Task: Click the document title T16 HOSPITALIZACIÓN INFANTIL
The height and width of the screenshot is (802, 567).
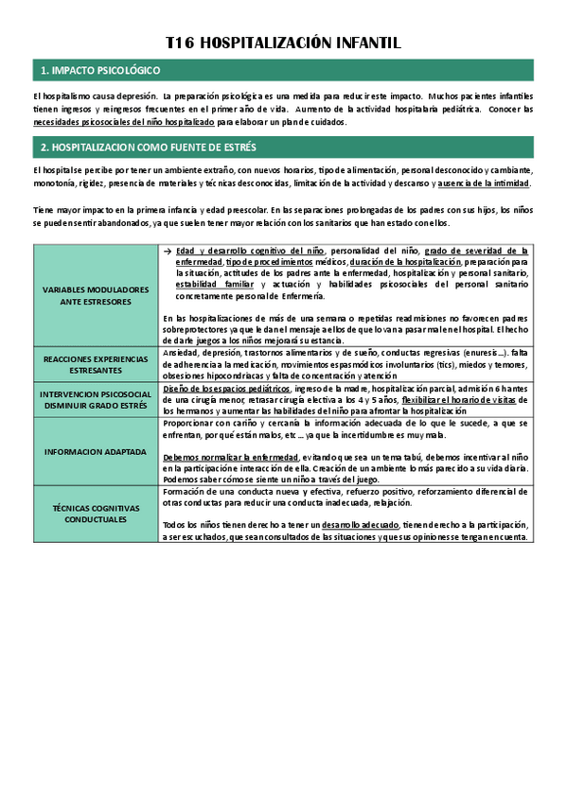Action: (x=283, y=44)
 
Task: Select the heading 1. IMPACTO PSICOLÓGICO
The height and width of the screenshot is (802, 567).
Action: (x=100, y=71)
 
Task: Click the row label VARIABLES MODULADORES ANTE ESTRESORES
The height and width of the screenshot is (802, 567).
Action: (x=97, y=295)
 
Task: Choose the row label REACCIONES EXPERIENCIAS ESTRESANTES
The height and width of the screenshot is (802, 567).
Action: (x=97, y=365)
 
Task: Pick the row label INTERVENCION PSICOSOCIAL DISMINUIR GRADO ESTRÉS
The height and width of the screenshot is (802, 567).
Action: (x=97, y=400)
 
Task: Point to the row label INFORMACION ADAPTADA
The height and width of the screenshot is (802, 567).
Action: (x=97, y=452)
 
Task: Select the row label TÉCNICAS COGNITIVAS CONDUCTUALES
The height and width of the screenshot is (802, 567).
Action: (x=97, y=514)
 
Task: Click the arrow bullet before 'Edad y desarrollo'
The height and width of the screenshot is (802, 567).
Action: (x=168, y=251)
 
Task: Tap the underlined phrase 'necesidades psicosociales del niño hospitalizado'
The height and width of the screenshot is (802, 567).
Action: (x=123, y=122)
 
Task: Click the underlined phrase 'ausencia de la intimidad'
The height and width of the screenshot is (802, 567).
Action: (x=484, y=183)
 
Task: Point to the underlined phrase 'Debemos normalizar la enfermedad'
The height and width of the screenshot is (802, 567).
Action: (x=231, y=457)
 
